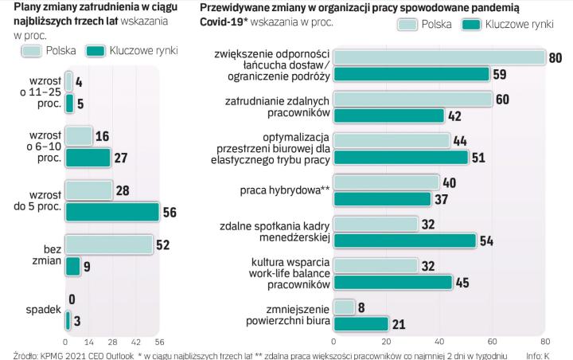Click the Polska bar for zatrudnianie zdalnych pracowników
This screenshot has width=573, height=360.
pos(412,99)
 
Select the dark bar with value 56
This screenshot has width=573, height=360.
pos(111,212)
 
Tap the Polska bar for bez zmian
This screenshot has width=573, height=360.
pos(108,245)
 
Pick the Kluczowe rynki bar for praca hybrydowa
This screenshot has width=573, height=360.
pos(382,198)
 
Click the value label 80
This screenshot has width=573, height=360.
pos(555,57)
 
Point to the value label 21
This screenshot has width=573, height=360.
pos(399,323)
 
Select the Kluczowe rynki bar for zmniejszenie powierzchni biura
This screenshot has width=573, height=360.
pos(361,323)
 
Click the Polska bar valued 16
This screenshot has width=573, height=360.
pos(79,135)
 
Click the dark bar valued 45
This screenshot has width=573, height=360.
pos(392,282)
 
